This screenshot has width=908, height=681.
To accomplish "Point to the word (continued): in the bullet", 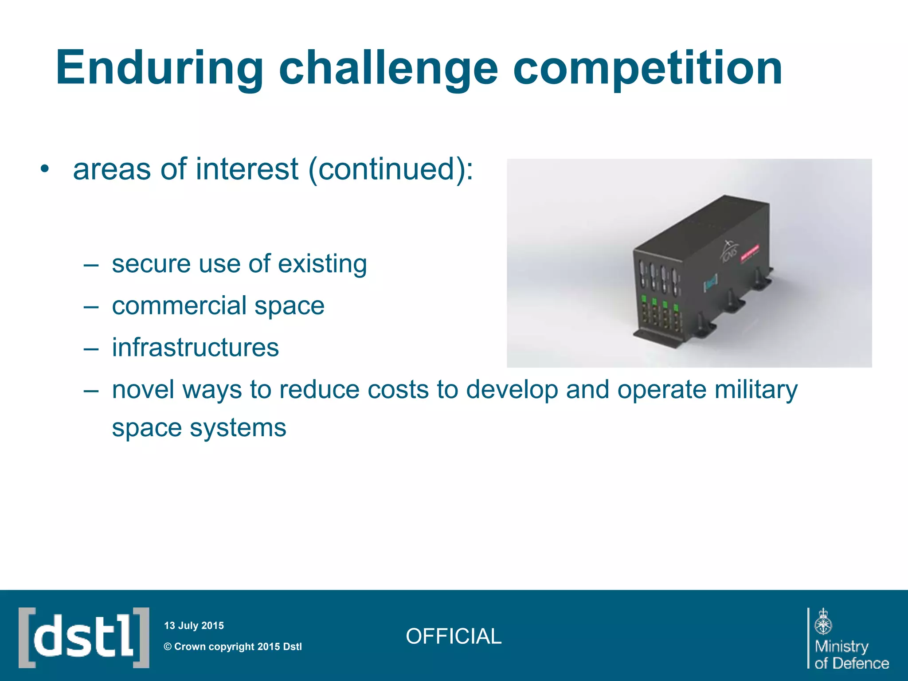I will point(390,169).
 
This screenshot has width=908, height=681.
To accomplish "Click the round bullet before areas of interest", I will point(44,169).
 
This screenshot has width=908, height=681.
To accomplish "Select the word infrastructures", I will point(195,348).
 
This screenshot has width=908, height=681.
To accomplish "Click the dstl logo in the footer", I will point(84,638).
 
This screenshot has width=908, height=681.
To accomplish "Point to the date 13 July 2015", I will point(194,626).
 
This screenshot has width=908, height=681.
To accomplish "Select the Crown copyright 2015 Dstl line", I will point(233,646).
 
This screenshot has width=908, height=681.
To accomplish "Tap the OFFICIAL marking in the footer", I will point(453,636).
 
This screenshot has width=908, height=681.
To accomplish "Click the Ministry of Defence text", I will point(851,654).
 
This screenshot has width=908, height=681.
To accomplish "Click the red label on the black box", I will point(750,254).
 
